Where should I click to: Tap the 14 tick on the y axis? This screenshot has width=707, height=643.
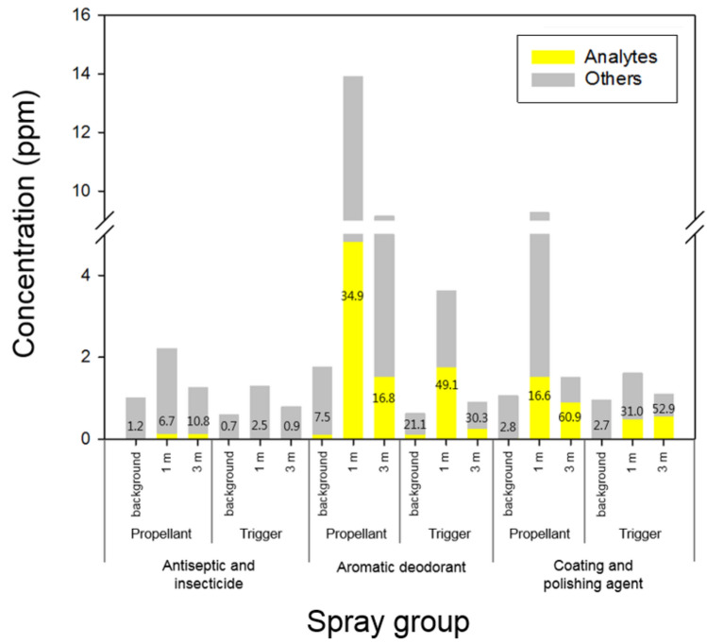[x=89, y=74]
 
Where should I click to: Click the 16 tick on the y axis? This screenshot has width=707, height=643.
[x=89, y=15]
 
